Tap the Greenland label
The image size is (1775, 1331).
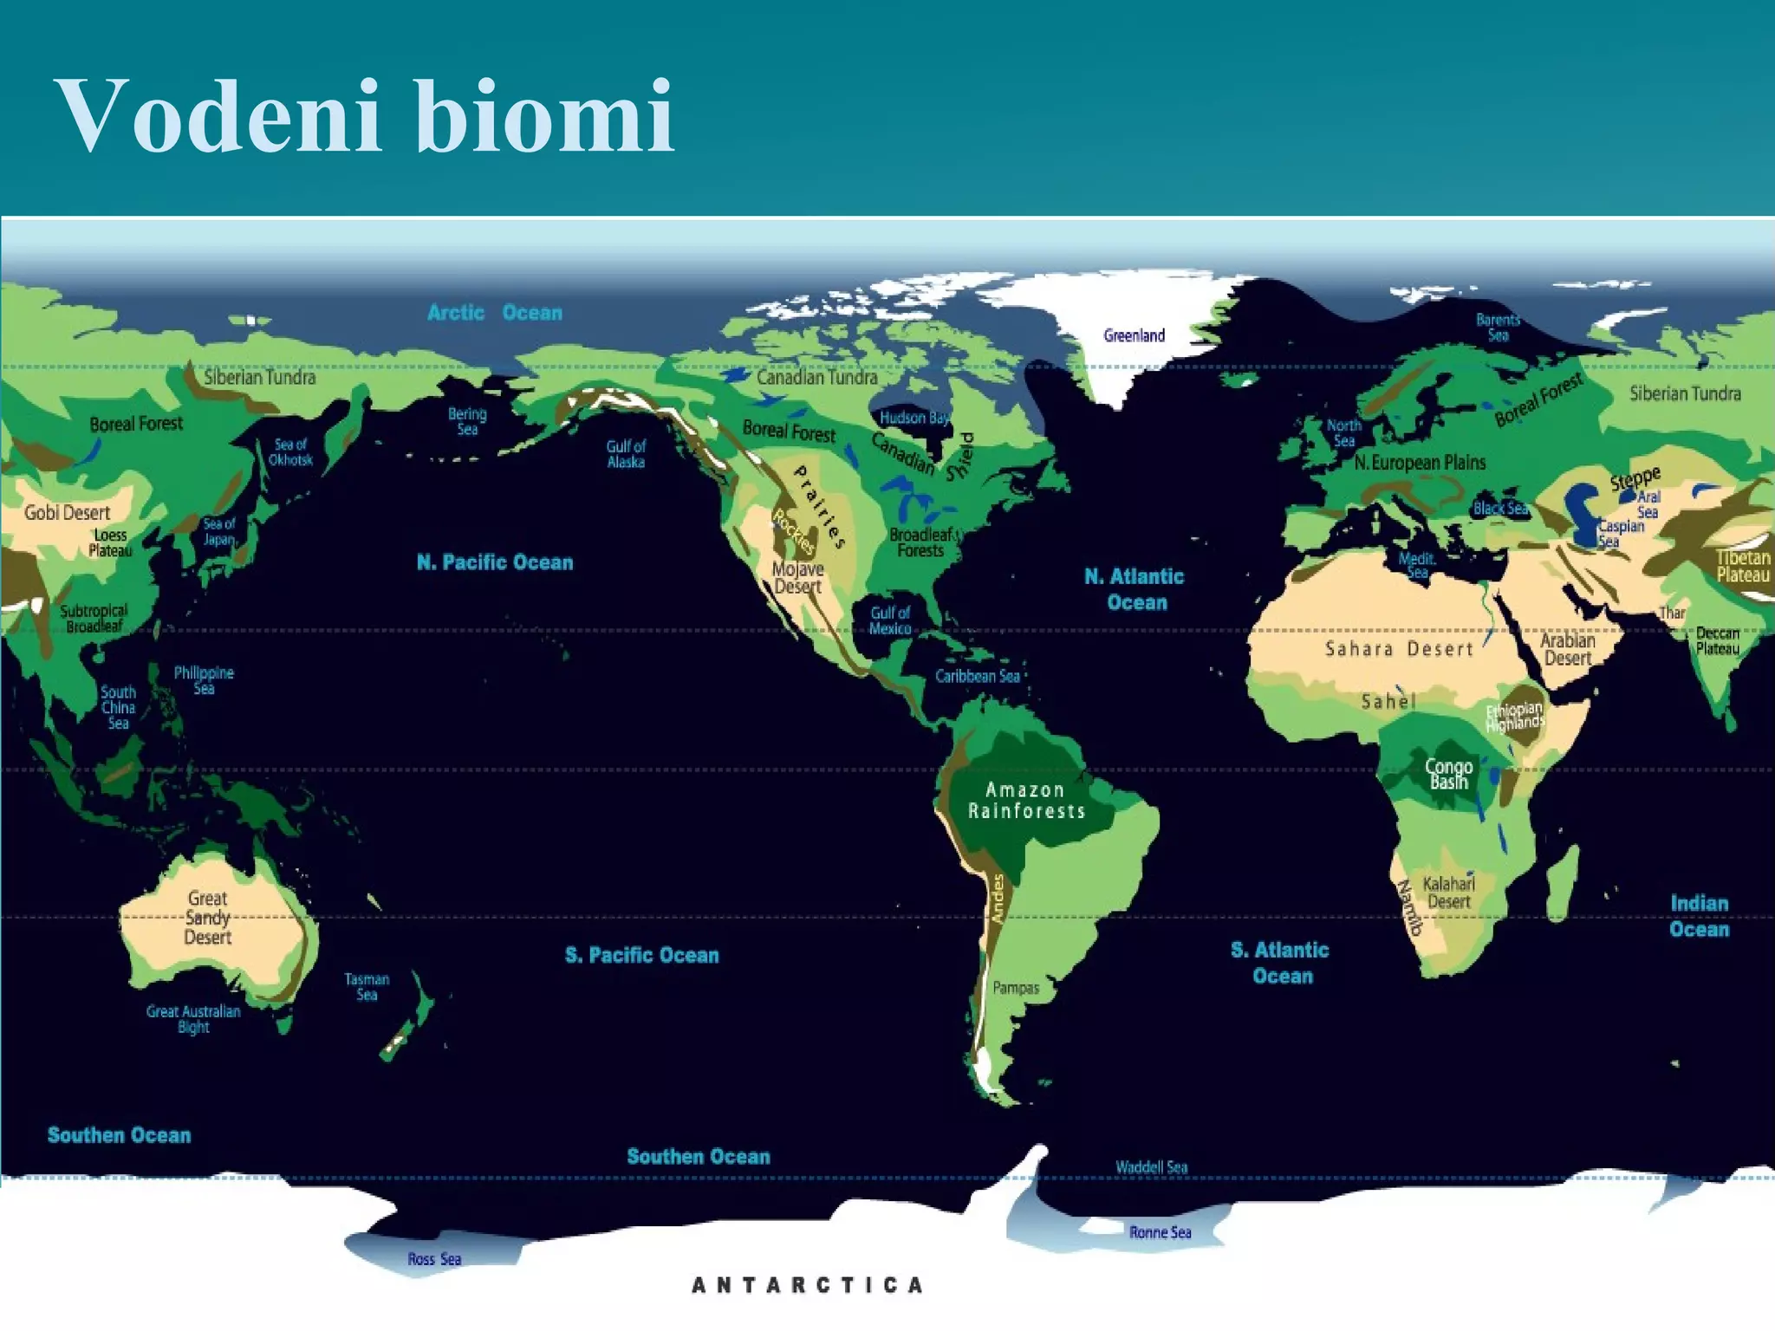1134,336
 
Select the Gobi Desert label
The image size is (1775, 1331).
68,512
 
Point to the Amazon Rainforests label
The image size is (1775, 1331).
1026,801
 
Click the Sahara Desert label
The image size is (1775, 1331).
1399,649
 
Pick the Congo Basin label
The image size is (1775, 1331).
1448,774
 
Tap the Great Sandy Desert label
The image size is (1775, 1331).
208,918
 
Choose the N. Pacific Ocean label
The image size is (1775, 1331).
495,562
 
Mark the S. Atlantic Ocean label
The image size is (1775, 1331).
1280,963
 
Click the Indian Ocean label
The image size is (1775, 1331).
1699,916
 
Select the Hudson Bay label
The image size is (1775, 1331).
914,418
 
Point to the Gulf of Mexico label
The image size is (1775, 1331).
890,620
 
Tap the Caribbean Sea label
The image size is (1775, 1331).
978,676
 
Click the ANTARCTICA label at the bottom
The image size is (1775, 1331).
807,1284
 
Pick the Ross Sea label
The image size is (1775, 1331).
434,1259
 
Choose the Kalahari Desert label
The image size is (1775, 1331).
1448,893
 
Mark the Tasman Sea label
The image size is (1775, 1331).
367,987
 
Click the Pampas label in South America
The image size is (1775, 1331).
1016,987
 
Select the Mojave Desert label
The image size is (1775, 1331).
797,578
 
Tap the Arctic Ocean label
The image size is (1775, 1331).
495,313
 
